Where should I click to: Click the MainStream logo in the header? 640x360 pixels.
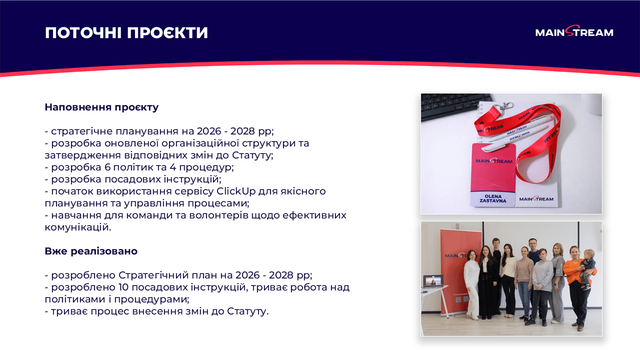coord(574,32)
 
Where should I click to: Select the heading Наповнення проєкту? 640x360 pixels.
coord(101,107)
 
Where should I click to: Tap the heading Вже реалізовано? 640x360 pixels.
coord(91,251)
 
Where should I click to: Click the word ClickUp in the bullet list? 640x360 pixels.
coord(237,191)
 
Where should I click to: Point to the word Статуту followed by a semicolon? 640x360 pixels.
coord(252,155)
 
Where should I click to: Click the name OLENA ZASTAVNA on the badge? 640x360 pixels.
coord(492,198)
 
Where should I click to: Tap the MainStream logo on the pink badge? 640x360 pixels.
coord(494,161)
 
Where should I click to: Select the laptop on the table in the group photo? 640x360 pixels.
coord(432,283)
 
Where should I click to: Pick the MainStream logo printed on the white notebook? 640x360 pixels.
coord(536,199)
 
